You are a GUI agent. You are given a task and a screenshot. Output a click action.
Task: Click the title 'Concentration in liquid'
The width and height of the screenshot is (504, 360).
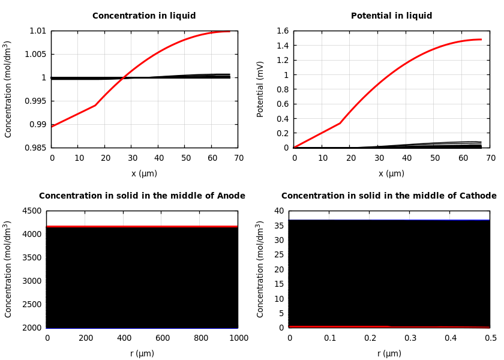click(144, 16)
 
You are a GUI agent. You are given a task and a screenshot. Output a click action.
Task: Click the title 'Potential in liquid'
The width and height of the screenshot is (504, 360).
click(391, 16)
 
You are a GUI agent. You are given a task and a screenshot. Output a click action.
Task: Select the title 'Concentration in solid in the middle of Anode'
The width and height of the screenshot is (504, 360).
click(142, 196)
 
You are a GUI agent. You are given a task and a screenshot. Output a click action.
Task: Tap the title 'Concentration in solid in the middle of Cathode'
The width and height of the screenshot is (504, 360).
click(389, 196)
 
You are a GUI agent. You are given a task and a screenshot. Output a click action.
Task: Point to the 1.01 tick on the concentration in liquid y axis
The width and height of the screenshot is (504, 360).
click(38, 31)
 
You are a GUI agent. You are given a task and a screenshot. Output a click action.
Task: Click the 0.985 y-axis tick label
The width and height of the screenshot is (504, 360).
click(35, 148)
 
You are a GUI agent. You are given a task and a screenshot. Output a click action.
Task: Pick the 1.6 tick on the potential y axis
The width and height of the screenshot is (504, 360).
click(282, 31)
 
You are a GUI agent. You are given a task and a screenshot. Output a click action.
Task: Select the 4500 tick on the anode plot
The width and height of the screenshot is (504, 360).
click(33, 211)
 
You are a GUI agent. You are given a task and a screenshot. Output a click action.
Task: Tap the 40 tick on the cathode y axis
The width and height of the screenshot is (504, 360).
click(278, 211)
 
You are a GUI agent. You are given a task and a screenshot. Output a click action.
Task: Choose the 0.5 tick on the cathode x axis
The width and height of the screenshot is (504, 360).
click(490, 338)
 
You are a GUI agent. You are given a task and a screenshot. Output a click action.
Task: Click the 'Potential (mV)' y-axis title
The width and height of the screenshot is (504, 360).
click(260, 89)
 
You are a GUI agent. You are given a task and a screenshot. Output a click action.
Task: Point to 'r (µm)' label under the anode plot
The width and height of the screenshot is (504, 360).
click(142, 353)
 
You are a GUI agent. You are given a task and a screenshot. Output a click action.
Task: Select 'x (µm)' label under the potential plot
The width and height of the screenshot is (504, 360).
click(391, 173)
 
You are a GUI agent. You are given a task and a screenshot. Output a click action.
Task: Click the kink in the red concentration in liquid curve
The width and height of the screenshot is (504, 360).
click(95, 105)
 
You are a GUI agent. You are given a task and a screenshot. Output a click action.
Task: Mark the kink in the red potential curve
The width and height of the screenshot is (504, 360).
click(340, 123)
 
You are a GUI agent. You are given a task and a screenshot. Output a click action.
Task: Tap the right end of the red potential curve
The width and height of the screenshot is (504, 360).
click(481, 40)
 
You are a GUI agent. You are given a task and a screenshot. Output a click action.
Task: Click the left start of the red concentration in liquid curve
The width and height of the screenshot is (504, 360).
click(52, 127)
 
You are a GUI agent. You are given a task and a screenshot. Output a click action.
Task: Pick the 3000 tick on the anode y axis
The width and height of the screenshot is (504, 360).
click(33, 281)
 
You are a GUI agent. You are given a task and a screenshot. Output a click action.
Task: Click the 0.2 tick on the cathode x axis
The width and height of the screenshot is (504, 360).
click(370, 338)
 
